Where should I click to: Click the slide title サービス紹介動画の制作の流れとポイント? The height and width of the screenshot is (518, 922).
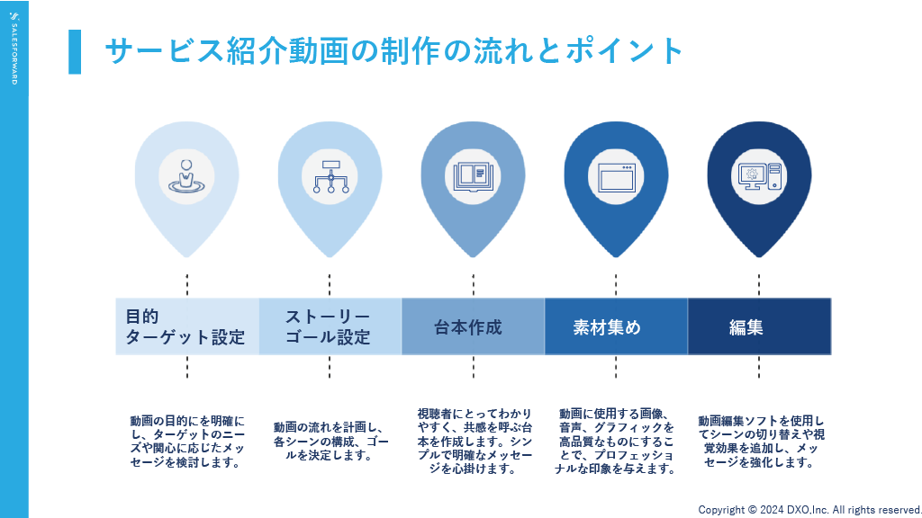pos(394,51)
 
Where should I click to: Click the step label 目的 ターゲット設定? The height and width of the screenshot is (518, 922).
pos(185,326)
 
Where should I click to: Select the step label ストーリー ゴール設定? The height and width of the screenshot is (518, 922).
pos(328,326)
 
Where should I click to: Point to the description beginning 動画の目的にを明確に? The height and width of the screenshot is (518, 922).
pos(186,442)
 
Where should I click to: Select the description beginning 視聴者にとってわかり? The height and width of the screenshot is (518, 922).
pos(473,441)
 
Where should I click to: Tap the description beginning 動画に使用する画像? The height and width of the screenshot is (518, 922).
pos(616,441)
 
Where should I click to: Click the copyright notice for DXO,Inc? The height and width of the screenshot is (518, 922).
pos(809,509)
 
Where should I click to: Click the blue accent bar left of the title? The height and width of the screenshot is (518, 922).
pos(75,51)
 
